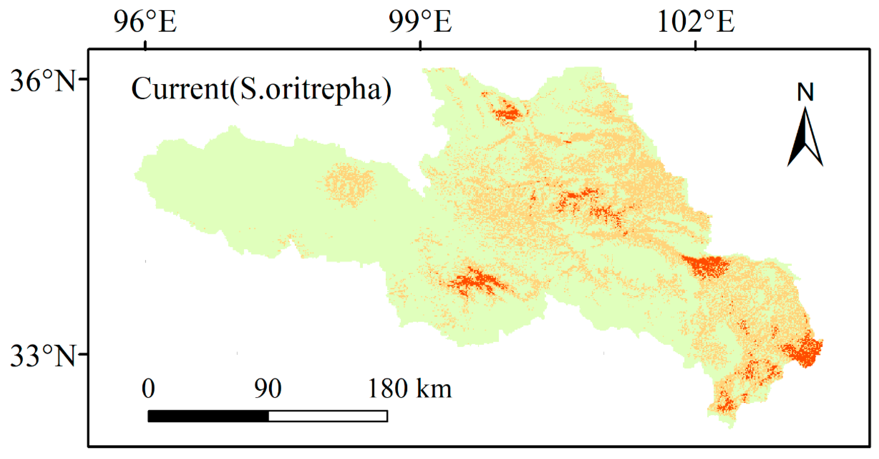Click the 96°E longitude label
pyautogui.click(x=145, y=22)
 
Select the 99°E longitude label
pyautogui.click(x=420, y=22)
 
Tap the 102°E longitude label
pyautogui.click(x=695, y=22)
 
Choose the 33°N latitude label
pyautogui.click(x=42, y=356)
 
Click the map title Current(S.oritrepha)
pyautogui.click(x=261, y=89)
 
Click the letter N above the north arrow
pyautogui.click(x=805, y=92)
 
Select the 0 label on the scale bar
pyautogui.click(x=148, y=389)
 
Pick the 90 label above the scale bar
pyautogui.click(x=268, y=389)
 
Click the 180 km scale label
pyautogui.click(x=410, y=389)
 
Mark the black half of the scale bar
pyautogui.click(x=208, y=416)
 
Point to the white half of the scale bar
pyautogui.click(x=328, y=416)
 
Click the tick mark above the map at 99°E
pyautogui.click(x=420, y=45)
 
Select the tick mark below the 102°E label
pyautogui.click(x=695, y=45)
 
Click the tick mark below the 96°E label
pyautogui.click(x=146, y=45)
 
